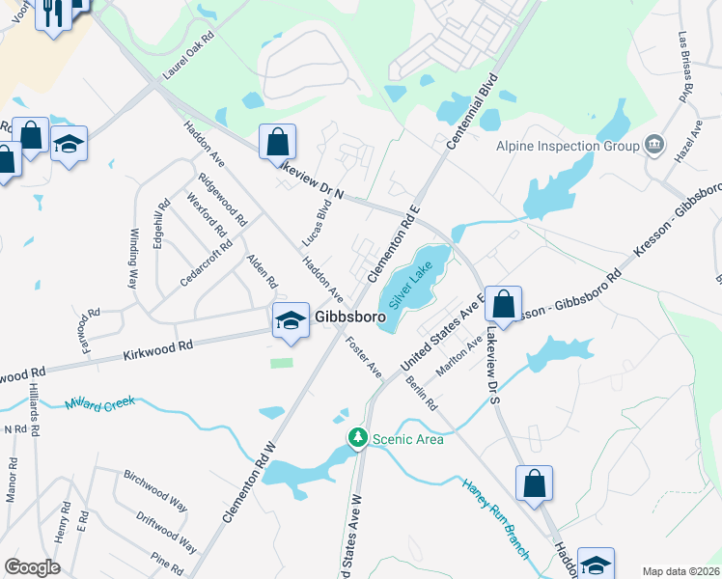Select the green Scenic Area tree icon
[x=358, y=439]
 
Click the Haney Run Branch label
[x=494, y=518]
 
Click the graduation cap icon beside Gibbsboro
[x=290, y=320]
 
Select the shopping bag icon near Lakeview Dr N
[x=277, y=143]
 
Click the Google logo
[x=32, y=567]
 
